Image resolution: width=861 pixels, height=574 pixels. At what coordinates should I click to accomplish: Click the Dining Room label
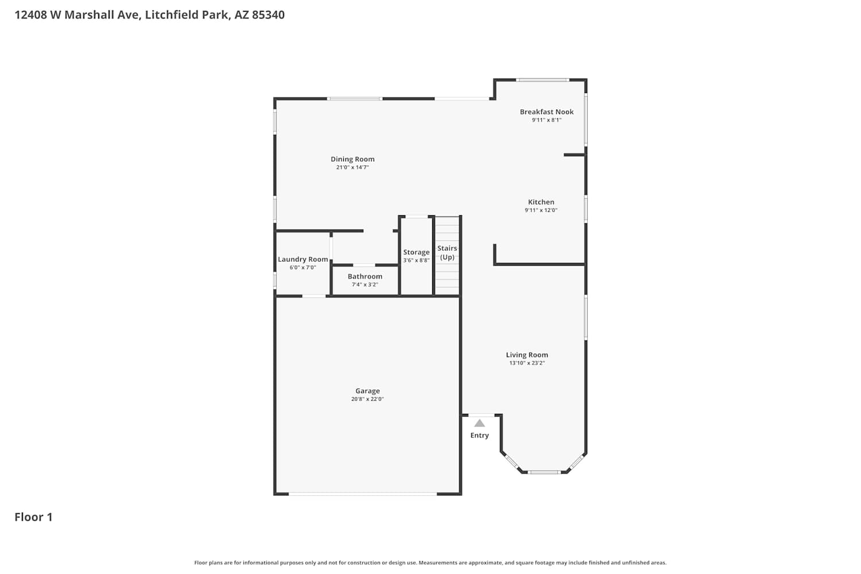tap(352, 159)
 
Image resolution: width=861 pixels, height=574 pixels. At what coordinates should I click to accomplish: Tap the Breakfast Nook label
tap(546, 112)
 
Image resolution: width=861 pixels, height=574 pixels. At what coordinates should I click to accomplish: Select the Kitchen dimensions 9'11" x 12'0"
tap(541, 210)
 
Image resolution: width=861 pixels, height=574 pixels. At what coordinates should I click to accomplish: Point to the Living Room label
tap(526, 355)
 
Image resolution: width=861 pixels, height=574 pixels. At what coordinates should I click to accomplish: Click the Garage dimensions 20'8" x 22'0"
tap(367, 399)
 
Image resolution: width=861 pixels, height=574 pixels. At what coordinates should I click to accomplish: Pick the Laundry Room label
tap(303, 259)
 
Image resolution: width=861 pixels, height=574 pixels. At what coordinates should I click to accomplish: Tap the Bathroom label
tap(364, 277)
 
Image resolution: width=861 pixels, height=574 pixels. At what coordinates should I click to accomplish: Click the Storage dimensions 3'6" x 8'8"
tap(416, 260)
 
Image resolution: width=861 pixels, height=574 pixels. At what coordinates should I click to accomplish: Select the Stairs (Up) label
tap(447, 253)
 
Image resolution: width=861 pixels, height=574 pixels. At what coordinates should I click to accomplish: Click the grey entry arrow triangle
tap(479, 423)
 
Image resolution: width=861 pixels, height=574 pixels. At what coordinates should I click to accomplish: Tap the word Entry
tap(479, 435)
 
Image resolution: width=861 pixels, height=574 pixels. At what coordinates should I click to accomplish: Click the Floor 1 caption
tap(33, 517)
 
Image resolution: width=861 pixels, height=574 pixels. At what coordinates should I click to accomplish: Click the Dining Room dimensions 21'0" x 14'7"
tap(352, 167)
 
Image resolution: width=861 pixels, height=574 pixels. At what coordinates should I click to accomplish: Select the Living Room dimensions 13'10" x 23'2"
tap(526, 363)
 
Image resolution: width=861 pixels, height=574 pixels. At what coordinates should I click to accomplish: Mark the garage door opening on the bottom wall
tap(362, 494)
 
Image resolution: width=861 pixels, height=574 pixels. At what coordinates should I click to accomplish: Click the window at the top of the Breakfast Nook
tap(542, 80)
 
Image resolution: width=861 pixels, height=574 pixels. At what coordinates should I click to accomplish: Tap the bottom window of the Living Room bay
tap(544, 472)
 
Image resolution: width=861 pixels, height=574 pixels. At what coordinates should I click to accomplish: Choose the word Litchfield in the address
tap(166, 14)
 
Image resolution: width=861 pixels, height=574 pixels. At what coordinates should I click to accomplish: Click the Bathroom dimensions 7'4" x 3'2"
tap(364, 285)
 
